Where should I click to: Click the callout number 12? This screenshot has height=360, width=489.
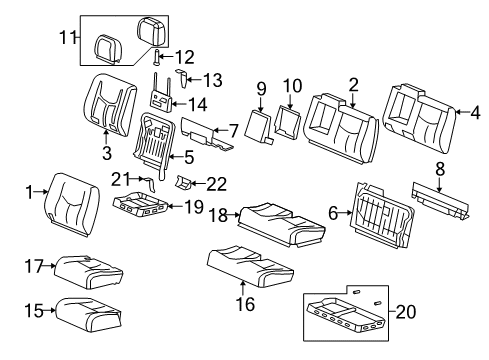tap(184, 57)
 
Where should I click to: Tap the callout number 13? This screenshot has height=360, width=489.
tap(212, 80)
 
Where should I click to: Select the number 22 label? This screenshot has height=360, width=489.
tap(217, 184)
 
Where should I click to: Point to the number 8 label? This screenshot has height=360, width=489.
tap(440, 169)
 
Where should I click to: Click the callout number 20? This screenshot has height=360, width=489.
tap(406, 312)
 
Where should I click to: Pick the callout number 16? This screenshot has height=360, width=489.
tap(245, 304)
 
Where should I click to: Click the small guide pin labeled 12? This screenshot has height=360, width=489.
tap(157, 57)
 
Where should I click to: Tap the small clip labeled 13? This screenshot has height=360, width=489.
tap(183, 78)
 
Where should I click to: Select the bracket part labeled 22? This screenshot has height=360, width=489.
tap(183, 182)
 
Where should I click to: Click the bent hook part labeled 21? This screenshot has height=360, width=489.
tap(151, 183)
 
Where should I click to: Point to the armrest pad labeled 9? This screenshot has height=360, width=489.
tap(259, 127)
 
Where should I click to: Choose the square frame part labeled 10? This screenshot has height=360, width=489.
tap(287, 121)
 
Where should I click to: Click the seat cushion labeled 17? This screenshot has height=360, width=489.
tap(88, 272)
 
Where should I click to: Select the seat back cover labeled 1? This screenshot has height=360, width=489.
tap(72, 204)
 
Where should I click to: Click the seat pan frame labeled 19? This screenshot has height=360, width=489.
tap(140, 204)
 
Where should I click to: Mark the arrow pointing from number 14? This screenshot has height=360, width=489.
tap(179, 104)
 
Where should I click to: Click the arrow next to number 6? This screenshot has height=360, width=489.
tap(346, 212)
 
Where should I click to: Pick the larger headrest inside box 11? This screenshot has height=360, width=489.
tap(151, 31)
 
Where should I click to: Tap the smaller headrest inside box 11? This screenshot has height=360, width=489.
tap(108, 48)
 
